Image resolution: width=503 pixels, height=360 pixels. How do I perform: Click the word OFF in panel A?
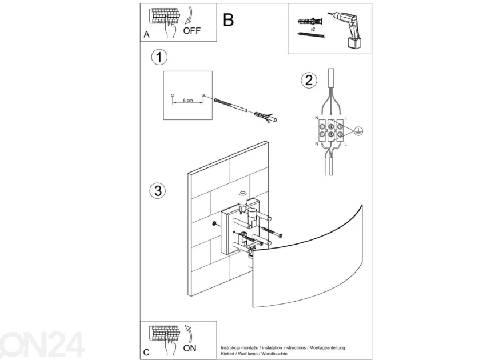192,31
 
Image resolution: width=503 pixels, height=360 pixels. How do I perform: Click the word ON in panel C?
190,348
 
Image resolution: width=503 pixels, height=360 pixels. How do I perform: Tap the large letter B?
229,20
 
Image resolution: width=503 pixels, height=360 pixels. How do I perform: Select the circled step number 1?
159,57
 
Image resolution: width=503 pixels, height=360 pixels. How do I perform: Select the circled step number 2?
309,80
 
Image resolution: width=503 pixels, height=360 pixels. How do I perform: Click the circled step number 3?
158,190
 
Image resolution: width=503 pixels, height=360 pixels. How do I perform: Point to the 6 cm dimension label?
187,101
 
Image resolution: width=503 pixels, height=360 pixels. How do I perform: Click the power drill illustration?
348,30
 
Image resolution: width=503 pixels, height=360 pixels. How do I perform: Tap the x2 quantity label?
313,29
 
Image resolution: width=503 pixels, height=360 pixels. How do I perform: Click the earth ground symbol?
359,130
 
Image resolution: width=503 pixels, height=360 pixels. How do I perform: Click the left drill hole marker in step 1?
173,95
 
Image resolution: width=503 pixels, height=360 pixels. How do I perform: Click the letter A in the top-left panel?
146,35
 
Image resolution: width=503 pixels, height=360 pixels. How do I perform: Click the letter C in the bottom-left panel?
146,353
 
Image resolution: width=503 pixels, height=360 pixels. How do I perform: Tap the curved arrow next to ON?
190,333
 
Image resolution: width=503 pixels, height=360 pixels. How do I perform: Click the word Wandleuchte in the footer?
274,354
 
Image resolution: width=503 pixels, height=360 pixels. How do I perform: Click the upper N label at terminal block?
317,118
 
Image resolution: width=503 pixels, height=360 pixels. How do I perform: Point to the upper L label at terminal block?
345,118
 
